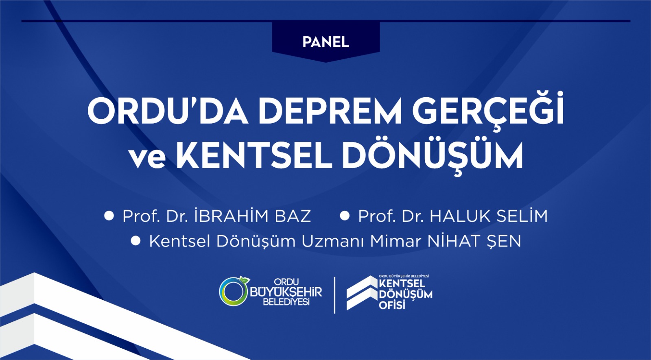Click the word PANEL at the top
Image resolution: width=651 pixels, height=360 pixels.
pos(325,42)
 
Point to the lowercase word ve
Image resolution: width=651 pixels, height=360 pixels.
pos(148,157)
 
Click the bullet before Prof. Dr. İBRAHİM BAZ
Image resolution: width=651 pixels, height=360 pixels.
pos(109,216)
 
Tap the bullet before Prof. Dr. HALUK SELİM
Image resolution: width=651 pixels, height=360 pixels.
pos(345,216)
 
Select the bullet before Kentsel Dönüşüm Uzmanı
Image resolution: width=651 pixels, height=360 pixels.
pos(135,241)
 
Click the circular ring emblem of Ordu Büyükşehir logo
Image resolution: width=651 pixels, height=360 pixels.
pos(233,292)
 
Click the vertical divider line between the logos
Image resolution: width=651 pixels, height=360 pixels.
pos(334,295)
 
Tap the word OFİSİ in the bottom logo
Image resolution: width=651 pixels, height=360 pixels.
pos(392,305)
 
